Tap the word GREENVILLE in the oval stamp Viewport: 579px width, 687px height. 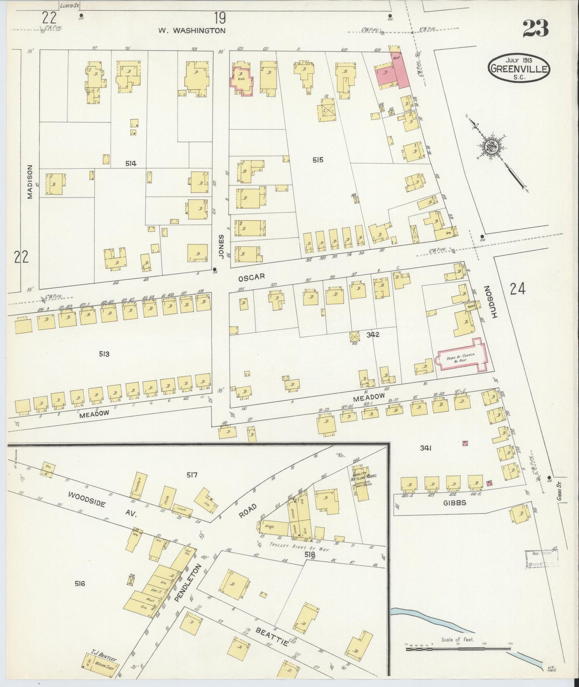click(519, 69)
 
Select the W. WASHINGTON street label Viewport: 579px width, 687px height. click(192, 30)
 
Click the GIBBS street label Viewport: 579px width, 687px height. click(455, 502)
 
